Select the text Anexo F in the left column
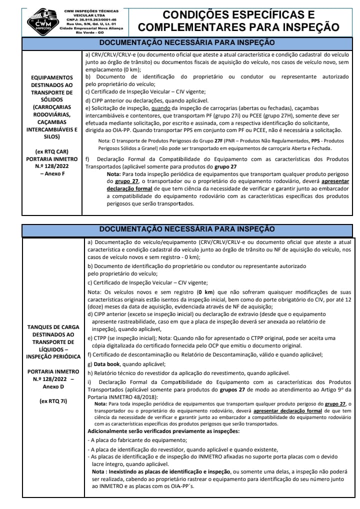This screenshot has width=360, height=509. tap(51, 173)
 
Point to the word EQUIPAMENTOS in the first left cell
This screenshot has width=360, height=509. tap(51, 77)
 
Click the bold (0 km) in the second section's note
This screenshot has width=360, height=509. tap(206, 292)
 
